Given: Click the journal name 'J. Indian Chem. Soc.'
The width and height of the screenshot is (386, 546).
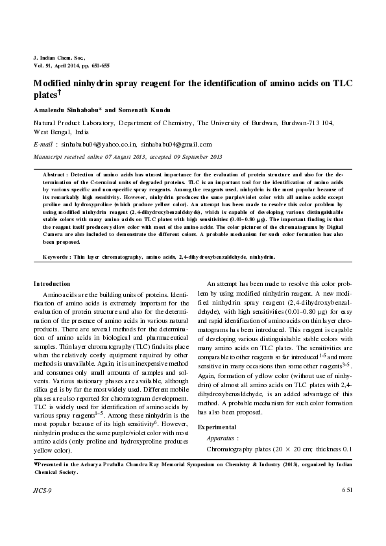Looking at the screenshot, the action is (58, 58).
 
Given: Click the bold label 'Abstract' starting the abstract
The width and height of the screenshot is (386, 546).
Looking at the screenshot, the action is (54, 174).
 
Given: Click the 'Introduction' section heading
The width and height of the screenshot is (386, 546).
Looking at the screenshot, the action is (52, 283).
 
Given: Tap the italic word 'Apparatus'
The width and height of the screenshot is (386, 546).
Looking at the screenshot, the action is (221, 438).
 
